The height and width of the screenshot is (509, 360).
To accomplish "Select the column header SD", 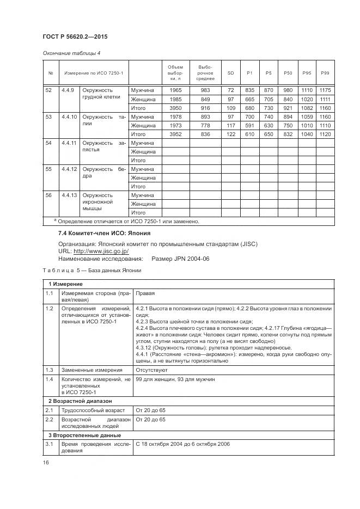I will pos(230,73).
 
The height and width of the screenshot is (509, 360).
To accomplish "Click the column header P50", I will pos(288,73).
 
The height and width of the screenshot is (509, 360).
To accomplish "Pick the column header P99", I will pos(325,73).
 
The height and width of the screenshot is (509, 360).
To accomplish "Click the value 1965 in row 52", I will pos(176,90).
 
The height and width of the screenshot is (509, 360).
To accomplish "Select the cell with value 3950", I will pos(176,108).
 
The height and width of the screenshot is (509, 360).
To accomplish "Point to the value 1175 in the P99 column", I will pos(325,90).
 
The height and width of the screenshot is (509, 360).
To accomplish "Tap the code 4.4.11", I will pos(69,143).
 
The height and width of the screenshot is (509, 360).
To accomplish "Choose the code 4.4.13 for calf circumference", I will pos(69,195).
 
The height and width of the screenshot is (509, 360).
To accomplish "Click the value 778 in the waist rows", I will pos(205,126).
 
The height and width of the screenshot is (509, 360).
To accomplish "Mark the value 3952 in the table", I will pos(176,134).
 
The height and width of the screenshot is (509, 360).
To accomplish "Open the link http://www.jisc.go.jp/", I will pos(101,252).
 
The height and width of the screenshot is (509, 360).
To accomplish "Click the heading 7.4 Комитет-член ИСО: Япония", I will pos(97,233).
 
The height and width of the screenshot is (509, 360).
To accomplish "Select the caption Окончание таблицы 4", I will pos(71,53).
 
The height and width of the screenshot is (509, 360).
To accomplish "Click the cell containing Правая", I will pos(144,293).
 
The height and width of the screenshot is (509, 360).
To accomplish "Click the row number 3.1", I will pos(48,444).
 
